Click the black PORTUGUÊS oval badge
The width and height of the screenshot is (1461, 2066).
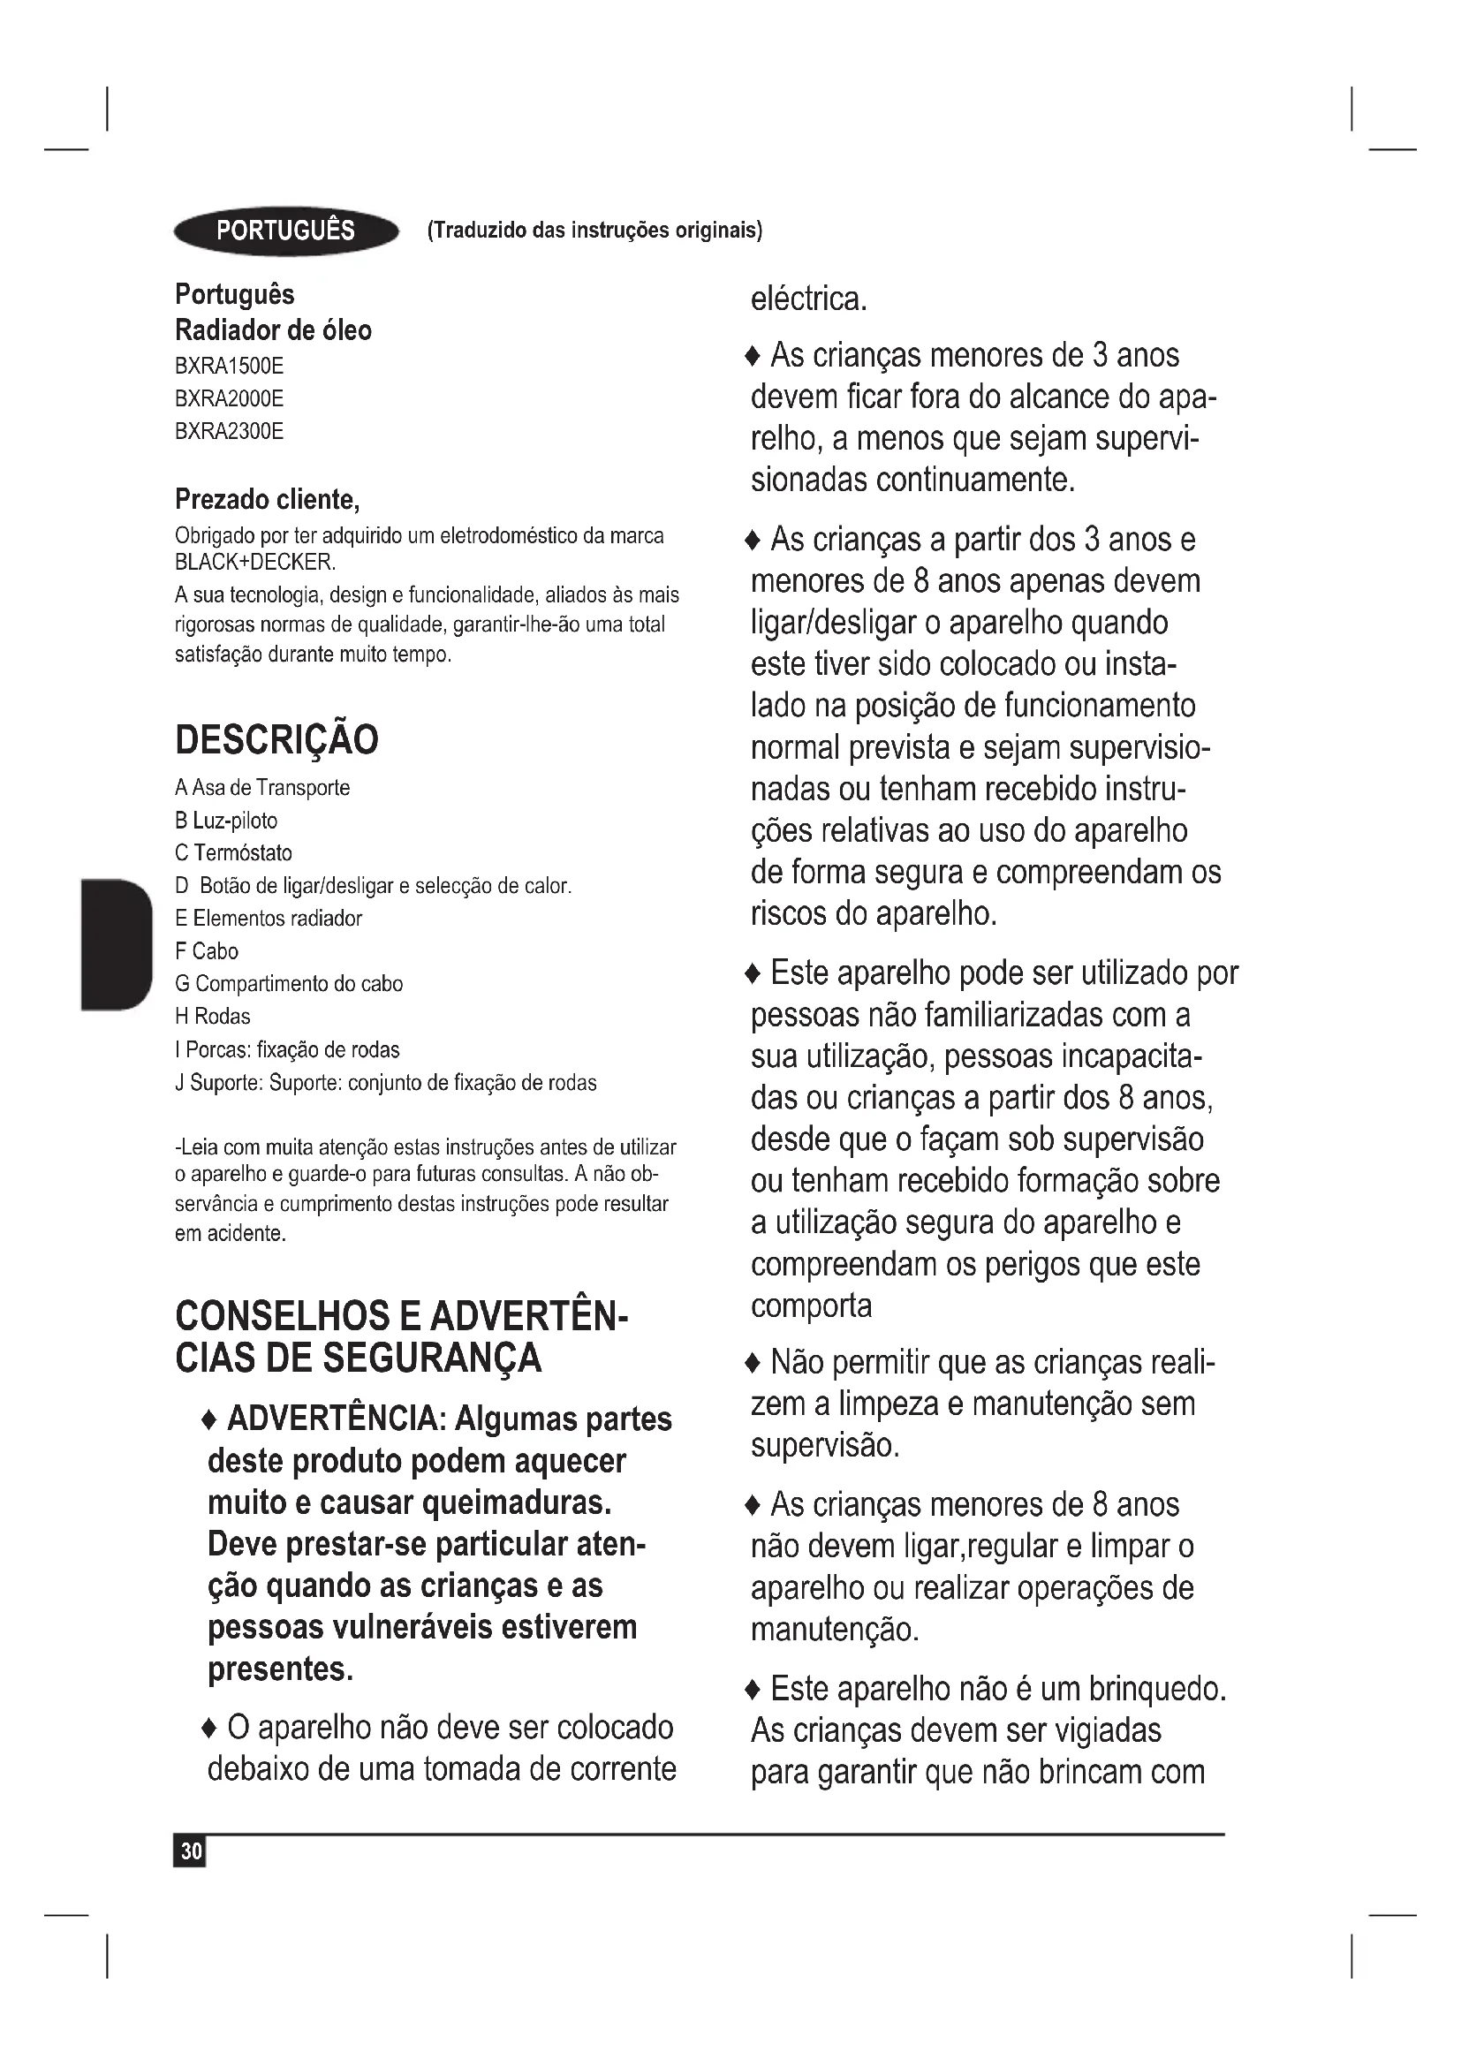[x=286, y=231]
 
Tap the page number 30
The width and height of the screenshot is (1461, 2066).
[x=191, y=1851]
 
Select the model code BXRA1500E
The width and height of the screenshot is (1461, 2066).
[x=229, y=367]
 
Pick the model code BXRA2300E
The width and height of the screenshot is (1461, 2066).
[x=229, y=432]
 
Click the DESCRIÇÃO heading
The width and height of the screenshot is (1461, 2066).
[x=276, y=739]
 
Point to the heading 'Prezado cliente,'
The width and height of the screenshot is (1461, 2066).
[x=267, y=499]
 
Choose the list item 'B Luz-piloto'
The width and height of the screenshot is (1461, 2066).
[x=226, y=821]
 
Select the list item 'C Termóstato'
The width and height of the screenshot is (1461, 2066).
[x=233, y=853]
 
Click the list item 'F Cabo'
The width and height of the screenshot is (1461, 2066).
[x=206, y=951]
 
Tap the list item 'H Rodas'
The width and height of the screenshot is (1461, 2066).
[x=212, y=1017]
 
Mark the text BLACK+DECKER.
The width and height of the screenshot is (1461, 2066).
[x=255, y=564]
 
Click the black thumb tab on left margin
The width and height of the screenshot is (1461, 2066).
[x=116, y=945]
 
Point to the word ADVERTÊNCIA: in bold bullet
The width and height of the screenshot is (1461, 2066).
[x=337, y=1419]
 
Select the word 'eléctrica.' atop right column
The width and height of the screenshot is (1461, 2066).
[x=809, y=299]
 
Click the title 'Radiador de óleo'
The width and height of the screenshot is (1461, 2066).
[x=273, y=330]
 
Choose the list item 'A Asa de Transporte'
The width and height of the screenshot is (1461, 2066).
[x=261, y=788]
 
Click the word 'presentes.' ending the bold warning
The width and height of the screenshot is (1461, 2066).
[x=281, y=1669]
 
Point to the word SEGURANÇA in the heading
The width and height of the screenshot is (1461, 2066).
[x=432, y=1358]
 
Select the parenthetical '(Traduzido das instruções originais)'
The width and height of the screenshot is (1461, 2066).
[x=594, y=231]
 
